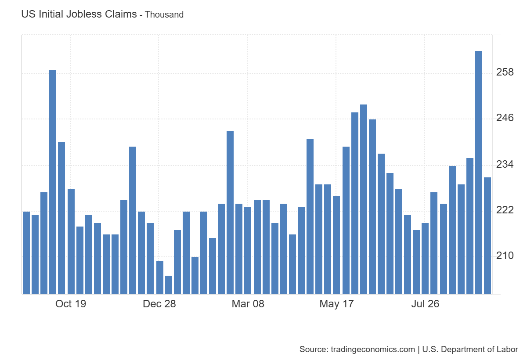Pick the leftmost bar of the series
click(26, 252)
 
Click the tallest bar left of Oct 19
click(53, 182)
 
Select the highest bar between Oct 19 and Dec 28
click(133, 220)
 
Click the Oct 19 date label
click(71, 304)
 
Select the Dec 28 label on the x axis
click(159, 304)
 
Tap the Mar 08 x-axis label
click(248, 304)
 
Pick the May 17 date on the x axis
click(336, 304)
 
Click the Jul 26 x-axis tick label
click(425, 304)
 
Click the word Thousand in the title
click(164, 14)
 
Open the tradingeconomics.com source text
click(357, 349)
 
